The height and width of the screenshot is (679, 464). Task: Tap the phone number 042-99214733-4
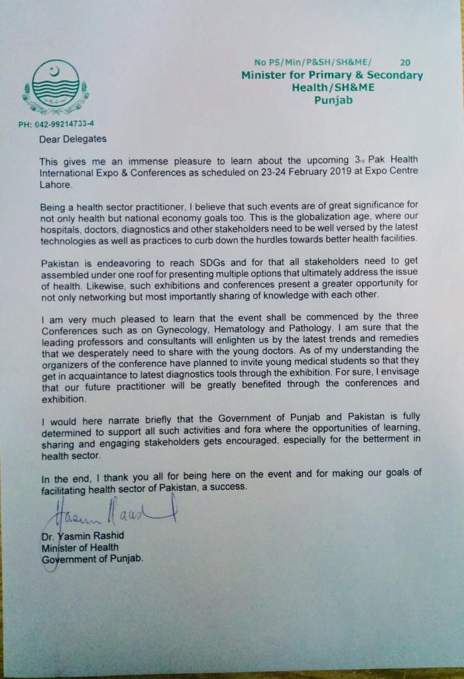click(x=56, y=124)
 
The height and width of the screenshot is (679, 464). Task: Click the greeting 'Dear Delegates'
click(x=72, y=139)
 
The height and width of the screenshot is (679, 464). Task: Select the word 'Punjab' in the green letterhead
click(x=333, y=101)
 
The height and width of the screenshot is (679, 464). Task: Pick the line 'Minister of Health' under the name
click(x=80, y=547)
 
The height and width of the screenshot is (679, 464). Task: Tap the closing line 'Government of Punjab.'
click(x=92, y=558)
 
